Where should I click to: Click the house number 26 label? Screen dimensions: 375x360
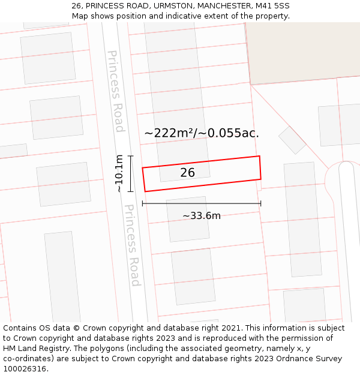coord(187,173)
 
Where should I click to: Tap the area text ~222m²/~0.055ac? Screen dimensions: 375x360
coord(202,133)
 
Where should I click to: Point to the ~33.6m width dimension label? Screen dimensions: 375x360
coord(202,216)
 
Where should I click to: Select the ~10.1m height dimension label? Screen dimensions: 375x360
coord(119,173)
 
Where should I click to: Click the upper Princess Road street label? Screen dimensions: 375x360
coord(115,91)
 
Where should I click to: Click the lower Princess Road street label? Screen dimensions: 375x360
coord(132,245)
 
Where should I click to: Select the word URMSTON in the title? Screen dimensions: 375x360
coord(167,6)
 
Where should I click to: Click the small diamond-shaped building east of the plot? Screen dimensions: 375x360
coord(292,140)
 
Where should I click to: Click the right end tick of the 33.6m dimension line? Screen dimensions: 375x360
coord(261,203)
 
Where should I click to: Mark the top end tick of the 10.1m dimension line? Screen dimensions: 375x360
coord(130,156)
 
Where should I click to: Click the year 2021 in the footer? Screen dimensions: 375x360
coord(232,328)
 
